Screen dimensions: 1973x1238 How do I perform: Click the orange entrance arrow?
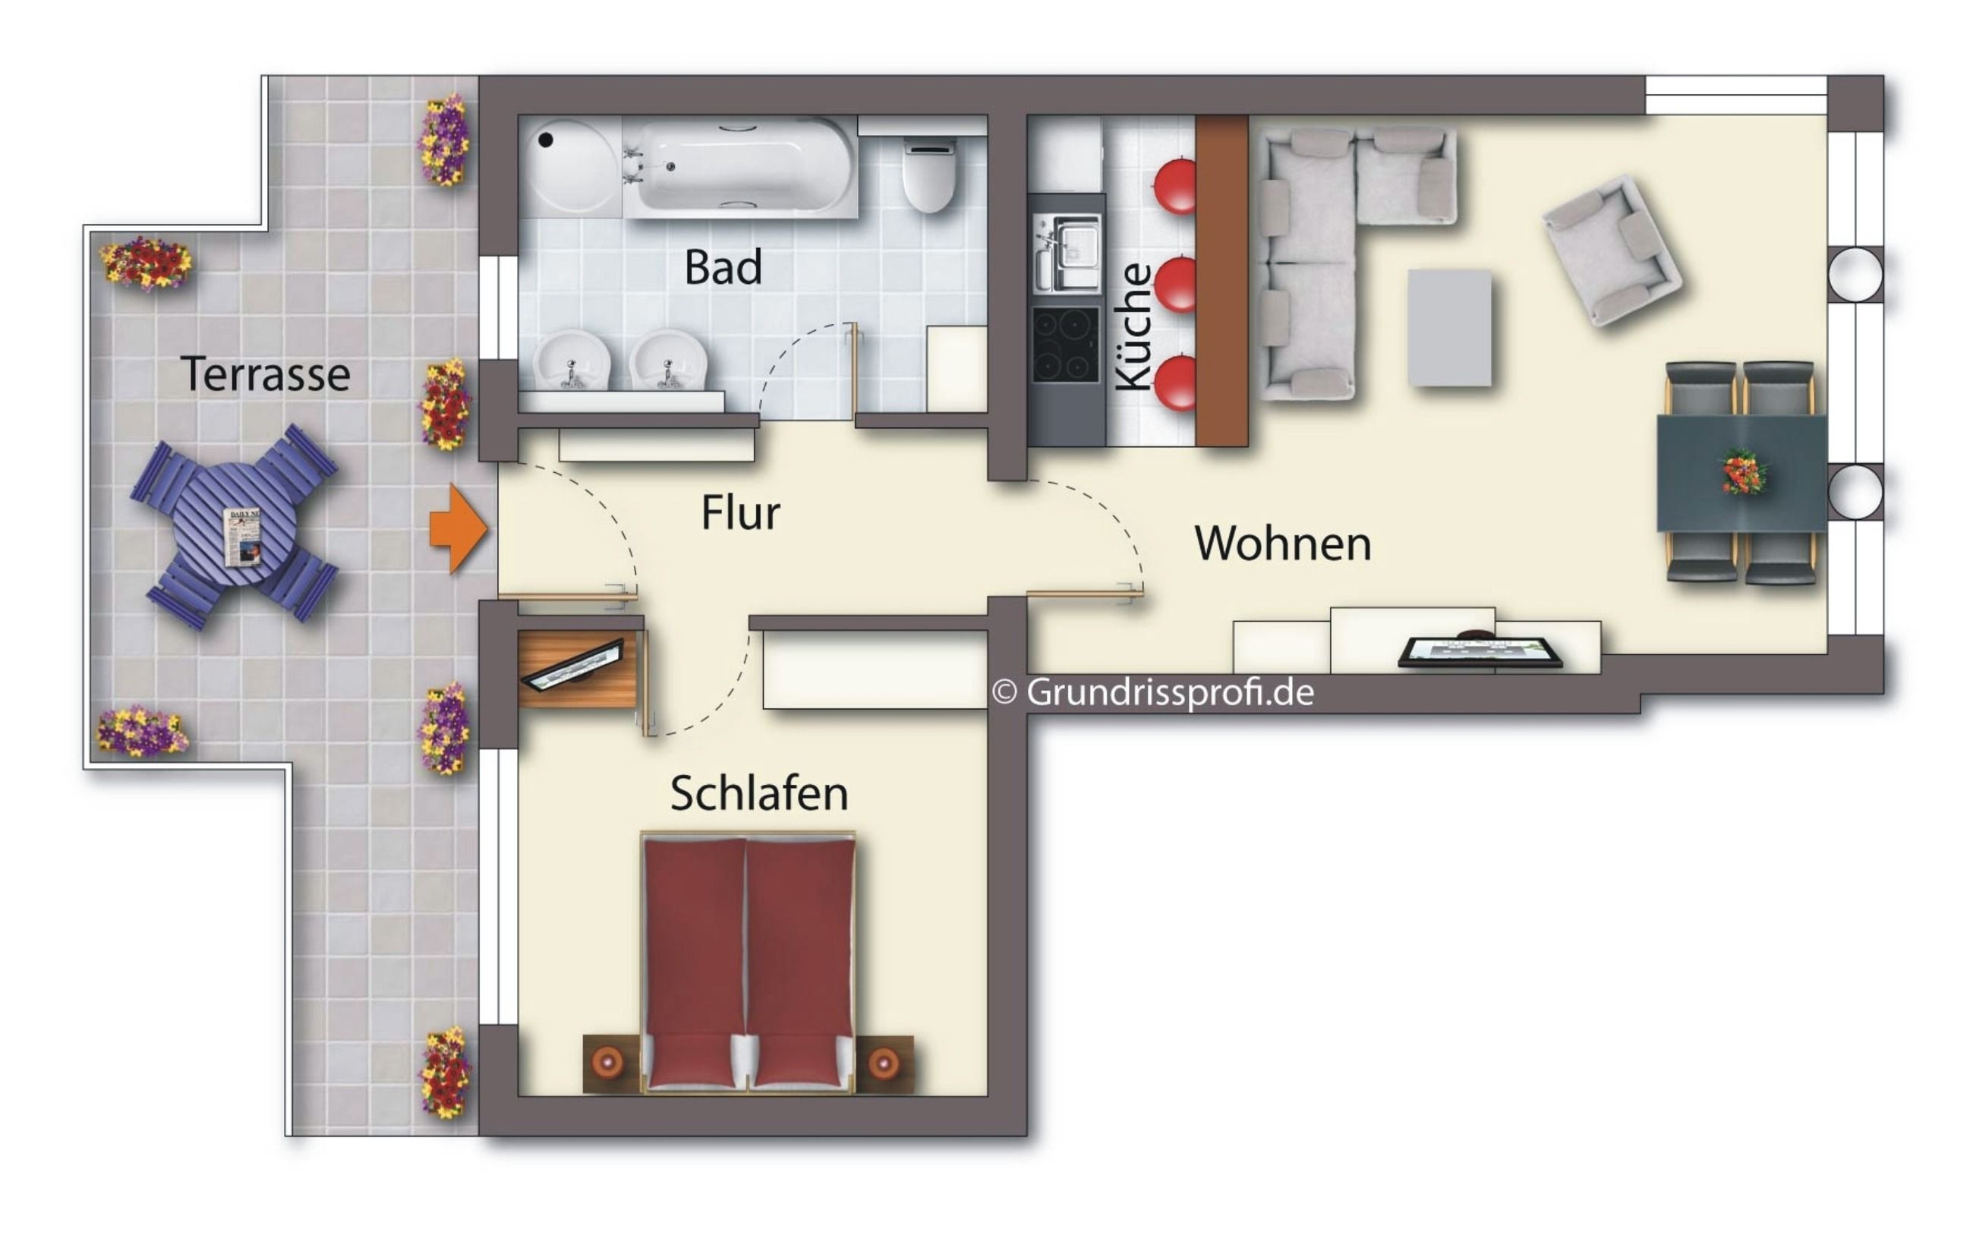[x=459, y=528]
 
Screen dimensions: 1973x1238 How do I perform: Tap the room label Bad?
[x=723, y=267]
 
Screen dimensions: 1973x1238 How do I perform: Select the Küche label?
[x=1135, y=326]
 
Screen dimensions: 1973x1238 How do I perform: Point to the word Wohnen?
[x=1283, y=543]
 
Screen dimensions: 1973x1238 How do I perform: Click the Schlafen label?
[x=759, y=793]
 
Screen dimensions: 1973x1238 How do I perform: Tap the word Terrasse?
[x=265, y=374]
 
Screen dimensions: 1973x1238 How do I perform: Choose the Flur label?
[x=740, y=513]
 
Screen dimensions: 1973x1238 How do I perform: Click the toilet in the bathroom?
[x=929, y=175]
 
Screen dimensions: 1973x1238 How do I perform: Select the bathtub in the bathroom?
[x=740, y=167]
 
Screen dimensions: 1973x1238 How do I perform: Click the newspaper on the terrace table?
[x=243, y=537]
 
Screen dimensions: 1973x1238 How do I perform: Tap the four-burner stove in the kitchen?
[x=1065, y=345]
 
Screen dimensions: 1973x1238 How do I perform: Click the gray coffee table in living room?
[x=1449, y=327]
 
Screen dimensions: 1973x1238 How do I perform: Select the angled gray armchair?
[x=1611, y=251]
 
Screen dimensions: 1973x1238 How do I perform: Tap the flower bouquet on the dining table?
[x=1743, y=473]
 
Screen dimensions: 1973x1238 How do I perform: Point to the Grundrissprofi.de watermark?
[x=1153, y=693]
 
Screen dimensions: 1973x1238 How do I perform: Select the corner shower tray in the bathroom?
[x=571, y=167]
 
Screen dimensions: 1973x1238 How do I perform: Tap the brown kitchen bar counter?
[x=1222, y=281]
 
